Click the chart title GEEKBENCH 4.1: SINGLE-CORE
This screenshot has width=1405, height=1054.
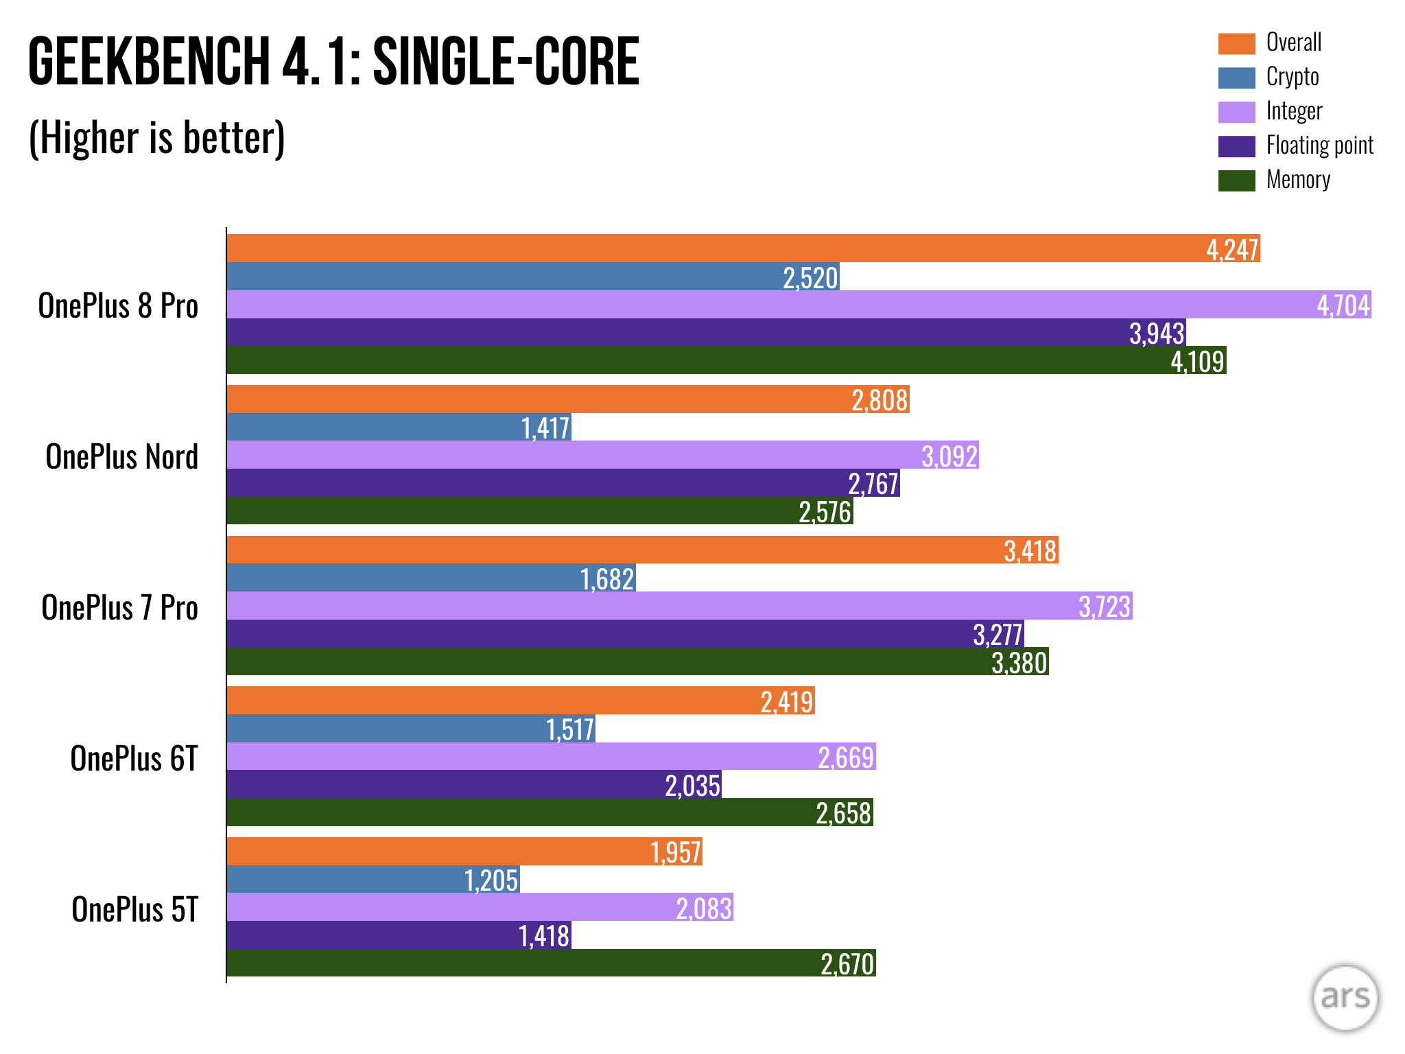[x=333, y=62]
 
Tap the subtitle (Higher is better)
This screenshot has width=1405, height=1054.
[x=156, y=138]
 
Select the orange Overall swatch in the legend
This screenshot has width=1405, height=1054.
[x=1236, y=43]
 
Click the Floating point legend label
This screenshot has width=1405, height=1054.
[x=1319, y=145]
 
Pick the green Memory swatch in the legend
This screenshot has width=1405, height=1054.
[x=1236, y=180]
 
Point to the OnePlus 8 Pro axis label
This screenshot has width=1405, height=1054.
[x=118, y=305]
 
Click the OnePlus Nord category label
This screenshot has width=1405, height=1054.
[x=121, y=456]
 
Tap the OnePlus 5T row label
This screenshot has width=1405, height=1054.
[x=134, y=909]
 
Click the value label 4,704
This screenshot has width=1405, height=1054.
[x=1343, y=305]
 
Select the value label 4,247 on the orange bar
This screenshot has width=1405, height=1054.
[x=1232, y=250]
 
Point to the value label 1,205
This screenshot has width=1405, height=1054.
[x=491, y=880]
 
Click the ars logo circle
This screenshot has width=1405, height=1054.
[x=1345, y=997]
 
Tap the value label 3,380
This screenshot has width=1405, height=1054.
[x=1019, y=663]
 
